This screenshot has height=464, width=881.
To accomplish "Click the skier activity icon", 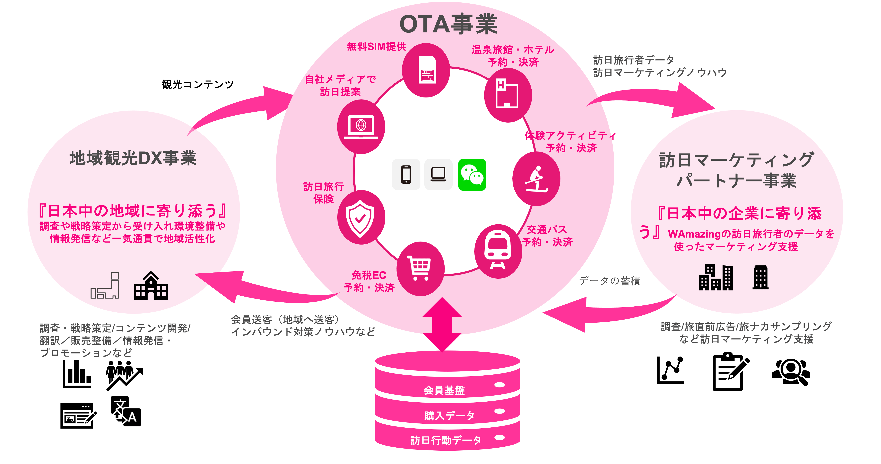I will coord(536,179).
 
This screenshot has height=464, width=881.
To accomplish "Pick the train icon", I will coord(498,251).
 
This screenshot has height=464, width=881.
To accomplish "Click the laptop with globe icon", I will coord(361,127).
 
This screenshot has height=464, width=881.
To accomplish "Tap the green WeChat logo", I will coord(472,175).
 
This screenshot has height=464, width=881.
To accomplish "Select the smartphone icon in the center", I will coord(406,175).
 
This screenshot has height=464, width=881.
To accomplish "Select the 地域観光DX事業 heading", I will coord(133,158).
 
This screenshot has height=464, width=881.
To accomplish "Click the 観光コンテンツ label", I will coord(198,84).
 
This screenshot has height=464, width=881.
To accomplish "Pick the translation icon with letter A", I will coord(126,411).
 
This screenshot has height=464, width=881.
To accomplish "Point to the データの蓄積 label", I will coord(609,281).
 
